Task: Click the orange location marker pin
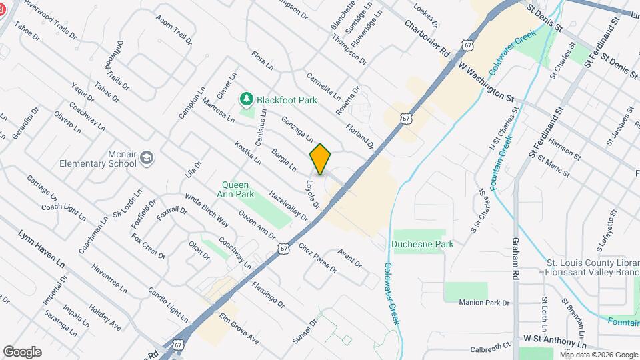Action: point(321,159)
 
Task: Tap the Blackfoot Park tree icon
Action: point(247,99)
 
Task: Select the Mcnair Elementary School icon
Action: point(147,159)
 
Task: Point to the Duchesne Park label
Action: point(423,244)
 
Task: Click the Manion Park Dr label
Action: point(484,303)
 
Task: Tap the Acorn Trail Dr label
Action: point(173,28)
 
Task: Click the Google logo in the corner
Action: point(23,351)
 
